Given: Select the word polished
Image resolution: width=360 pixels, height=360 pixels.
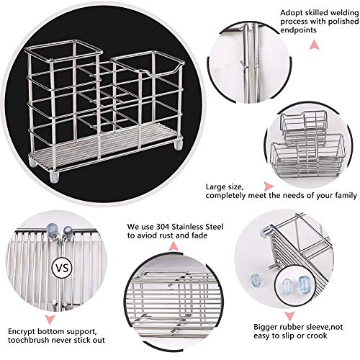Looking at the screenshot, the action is tap(343, 22).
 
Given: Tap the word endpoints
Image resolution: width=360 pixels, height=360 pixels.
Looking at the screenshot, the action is tap(298, 30).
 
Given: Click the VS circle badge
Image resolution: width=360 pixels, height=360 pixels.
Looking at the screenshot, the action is tap(62, 268).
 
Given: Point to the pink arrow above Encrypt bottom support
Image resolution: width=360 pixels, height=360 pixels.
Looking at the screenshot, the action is tap(49, 320).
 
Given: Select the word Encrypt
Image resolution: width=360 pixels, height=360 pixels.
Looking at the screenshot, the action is tap(22, 332).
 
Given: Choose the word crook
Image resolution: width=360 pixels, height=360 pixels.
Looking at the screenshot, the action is tap(317, 336).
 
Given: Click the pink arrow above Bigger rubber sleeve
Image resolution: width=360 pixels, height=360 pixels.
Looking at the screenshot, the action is tap(289, 316).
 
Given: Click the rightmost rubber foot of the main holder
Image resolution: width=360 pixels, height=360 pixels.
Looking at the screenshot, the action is tap(179, 145).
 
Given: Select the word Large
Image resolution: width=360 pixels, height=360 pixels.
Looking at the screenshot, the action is tap(215, 186).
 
